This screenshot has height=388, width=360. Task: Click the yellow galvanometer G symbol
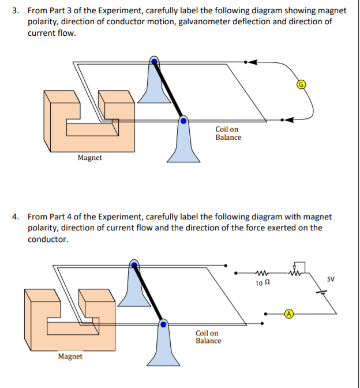point(301,84)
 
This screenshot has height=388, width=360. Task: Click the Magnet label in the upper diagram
point(90,158)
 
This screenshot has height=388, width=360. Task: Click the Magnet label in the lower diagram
point(70,356)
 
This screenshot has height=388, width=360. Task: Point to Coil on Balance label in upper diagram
point(228,133)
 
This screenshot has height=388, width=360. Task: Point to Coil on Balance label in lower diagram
point(208,337)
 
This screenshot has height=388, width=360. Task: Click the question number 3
point(17,11)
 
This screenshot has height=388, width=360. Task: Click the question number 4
point(17,217)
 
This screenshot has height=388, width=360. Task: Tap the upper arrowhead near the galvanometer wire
point(252,62)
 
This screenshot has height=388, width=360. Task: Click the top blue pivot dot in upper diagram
point(154,60)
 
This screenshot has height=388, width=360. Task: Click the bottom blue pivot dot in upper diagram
point(183,121)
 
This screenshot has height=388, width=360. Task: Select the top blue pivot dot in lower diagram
point(134,265)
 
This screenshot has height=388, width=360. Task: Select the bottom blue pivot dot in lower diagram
point(163,325)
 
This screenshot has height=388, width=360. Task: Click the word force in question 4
point(266,228)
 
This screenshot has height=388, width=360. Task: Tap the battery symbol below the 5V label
point(325,293)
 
